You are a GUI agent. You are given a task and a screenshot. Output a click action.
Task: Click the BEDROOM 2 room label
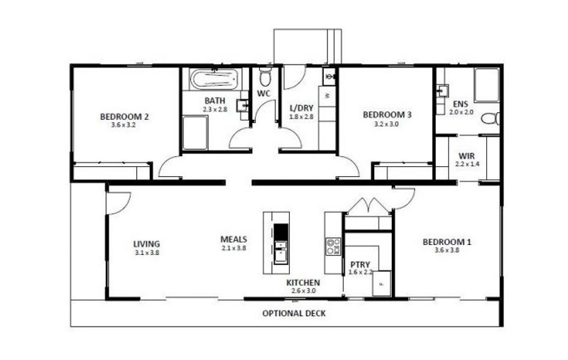[124, 116]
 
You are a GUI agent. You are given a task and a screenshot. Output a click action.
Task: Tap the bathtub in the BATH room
[214, 79]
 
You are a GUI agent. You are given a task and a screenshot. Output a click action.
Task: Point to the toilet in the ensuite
[491, 119]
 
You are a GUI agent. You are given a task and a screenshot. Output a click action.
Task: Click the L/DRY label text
[301, 108]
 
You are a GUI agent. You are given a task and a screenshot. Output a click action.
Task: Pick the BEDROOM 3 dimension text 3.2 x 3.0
[387, 124]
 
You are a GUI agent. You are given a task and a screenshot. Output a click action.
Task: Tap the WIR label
[466, 156]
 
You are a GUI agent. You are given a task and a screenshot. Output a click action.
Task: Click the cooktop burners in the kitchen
[333, 246]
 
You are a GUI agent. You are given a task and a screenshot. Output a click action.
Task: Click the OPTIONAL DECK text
[294, 313]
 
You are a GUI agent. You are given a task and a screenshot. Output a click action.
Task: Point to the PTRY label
[360, 264]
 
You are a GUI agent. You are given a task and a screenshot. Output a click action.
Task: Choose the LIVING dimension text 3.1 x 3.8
[147, 253]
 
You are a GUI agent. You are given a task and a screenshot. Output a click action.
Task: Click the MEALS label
[234, 239]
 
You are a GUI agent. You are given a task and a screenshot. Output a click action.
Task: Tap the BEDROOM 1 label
[447, 241]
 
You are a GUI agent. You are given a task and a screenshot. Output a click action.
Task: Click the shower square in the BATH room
[195, 133]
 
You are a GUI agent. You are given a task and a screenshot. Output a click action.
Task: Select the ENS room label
[460, 104]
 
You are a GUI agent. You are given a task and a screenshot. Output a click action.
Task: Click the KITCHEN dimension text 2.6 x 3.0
[303, 291]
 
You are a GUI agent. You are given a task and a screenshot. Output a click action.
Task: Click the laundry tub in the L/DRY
[329, 77]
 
